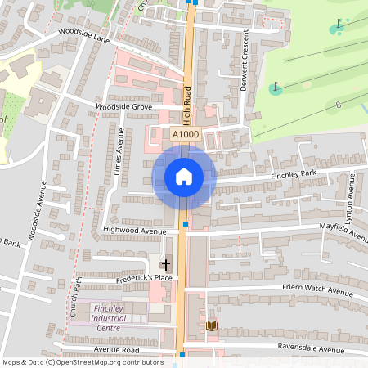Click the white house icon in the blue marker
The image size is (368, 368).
pos(184,176)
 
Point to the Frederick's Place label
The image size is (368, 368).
pos(122,279)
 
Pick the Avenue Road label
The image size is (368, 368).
pos(117,348)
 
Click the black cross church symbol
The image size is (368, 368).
pos(166,264)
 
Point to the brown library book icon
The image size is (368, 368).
pos(213,326)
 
